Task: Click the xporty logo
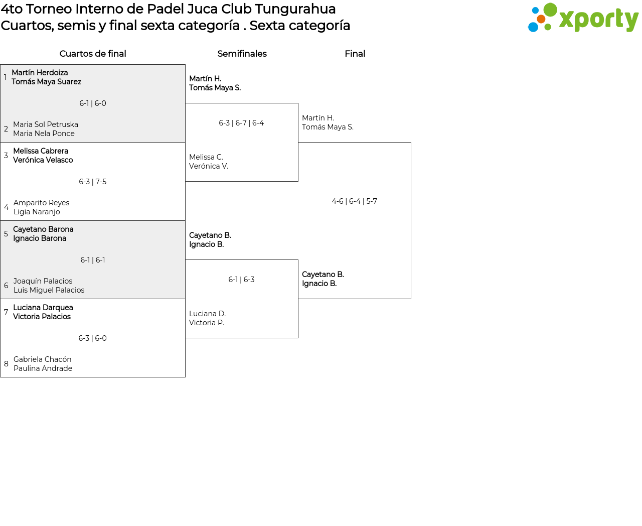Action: tap(583, 18)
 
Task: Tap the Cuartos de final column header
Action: tap(93, 54)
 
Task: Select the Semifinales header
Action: tap(242, 54)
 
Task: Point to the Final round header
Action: tap(355, 54)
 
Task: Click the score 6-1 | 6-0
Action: tap(93, 103)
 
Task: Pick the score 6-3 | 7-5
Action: tap(93, 182)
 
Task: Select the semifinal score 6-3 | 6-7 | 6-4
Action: tap(241, 123)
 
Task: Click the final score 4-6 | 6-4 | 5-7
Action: tap(354, 201)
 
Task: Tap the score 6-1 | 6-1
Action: tap(93, 260)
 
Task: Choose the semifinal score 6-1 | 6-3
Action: tap(241, 279)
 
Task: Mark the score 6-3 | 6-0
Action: tap(93, 338)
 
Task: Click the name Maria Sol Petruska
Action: tap(46, 124)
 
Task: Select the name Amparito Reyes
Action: tap(42, 203)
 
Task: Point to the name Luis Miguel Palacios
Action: tap(49, 290)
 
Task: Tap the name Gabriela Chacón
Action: tap(42, 359)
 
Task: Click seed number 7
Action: tap(6, 312)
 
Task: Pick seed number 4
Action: tap(6, 207)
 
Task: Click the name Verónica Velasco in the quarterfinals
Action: tap(43, 160)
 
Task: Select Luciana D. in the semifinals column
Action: tap(207, 313)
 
